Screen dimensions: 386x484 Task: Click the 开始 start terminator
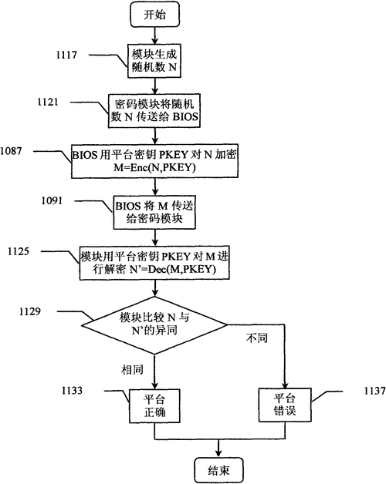click(155, 15)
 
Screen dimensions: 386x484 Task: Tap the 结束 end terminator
click(218, 470)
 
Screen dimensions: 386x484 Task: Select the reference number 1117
click(66, 55)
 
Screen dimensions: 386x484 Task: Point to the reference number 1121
click(48, 102)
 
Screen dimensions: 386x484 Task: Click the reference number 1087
click(11, 151)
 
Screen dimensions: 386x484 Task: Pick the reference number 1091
click(52, 200)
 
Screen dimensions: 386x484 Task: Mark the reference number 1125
click(19, 251)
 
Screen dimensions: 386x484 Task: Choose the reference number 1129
click(29, 311)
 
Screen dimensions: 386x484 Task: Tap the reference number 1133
click(72, 391)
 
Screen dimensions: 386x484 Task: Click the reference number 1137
click(375, 391)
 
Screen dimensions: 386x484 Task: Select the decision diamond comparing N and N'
click(154, 325)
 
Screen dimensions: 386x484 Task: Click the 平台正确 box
click(154, 406)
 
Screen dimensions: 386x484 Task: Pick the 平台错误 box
click(285, 405)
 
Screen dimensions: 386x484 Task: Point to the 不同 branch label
click(257, 338)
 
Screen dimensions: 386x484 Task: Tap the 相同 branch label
click(132, 369)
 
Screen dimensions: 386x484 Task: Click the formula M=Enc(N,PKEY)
click(154, 167)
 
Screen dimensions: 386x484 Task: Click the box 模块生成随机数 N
click(154, 61)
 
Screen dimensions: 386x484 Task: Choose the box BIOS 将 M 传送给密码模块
click(154, 213)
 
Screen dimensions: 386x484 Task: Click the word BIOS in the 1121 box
click(185, 117)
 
